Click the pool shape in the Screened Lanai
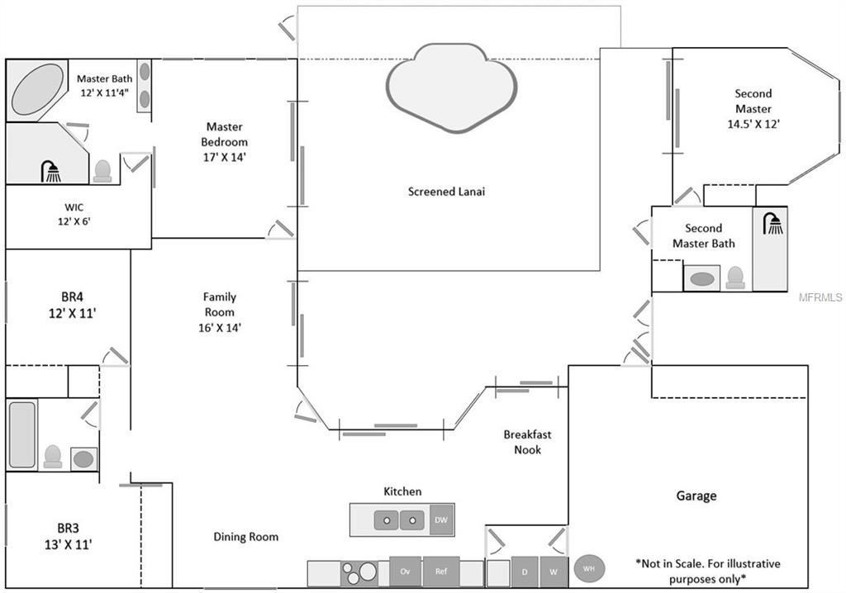451,87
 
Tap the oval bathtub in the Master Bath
37,89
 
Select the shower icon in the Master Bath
51,172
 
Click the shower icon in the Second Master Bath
773,224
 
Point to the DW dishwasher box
441,519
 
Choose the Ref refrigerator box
440,572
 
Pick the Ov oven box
405,572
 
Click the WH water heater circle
589,569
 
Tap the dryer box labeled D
524,572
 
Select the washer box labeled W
554,572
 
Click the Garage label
696,496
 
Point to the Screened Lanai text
446,192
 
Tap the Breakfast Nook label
527,442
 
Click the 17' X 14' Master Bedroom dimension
225,156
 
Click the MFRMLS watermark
821,296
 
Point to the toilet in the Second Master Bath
734,278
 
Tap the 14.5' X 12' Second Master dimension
753,124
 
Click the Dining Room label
245,537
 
